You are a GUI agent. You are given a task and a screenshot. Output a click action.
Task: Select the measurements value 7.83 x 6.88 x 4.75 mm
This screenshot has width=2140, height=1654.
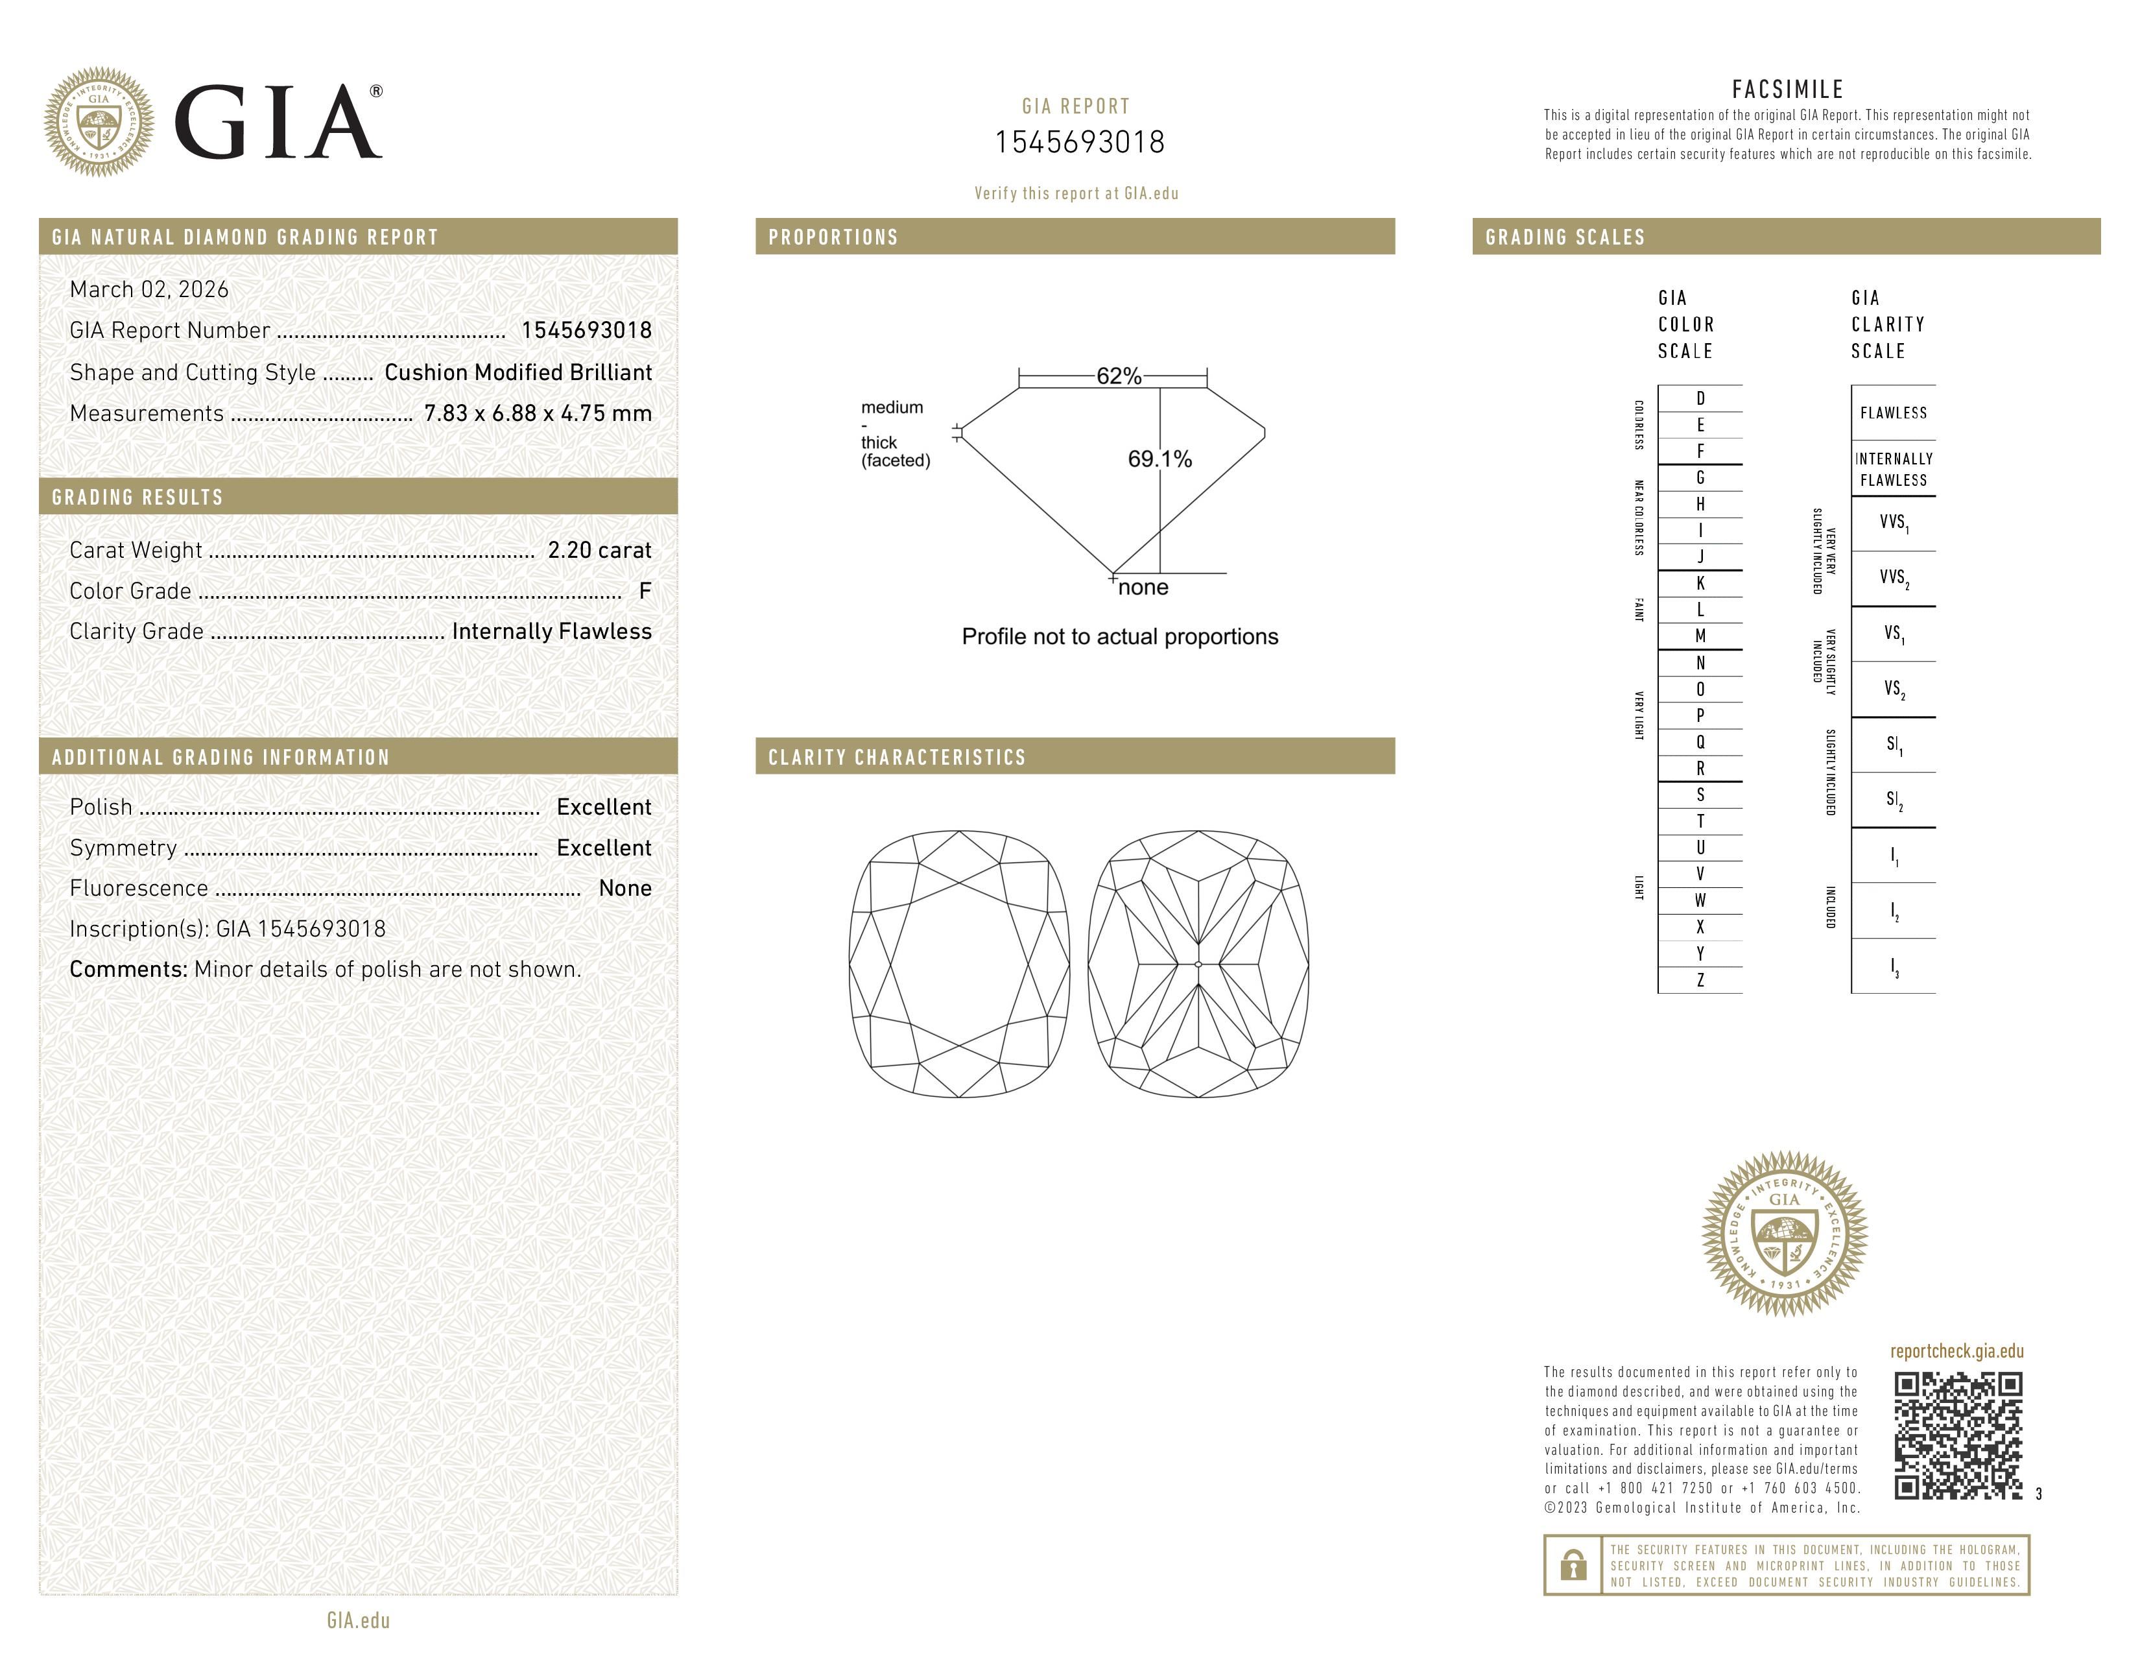point(537,414)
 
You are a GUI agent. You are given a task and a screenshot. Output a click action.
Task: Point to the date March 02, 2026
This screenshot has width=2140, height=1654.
point(149,290)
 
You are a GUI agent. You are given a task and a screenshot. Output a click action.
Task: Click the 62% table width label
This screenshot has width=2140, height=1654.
point(1118,376)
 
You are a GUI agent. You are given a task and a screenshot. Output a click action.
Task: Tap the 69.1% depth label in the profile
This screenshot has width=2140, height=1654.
point(1159,460)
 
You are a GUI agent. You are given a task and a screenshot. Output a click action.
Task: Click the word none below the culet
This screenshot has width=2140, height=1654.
point(1143,588)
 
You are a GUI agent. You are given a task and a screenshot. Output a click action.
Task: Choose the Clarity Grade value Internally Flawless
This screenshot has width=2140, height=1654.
point(552,632)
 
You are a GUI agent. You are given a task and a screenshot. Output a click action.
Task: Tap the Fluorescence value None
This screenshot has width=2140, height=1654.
point(625,889)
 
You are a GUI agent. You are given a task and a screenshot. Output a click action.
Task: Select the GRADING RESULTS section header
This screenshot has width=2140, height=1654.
point(137,497)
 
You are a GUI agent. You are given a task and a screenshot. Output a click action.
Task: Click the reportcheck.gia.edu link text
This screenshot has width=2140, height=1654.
point(1956,1351)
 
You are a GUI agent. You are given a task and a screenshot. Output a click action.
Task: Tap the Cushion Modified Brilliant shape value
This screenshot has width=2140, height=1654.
point(517,372)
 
